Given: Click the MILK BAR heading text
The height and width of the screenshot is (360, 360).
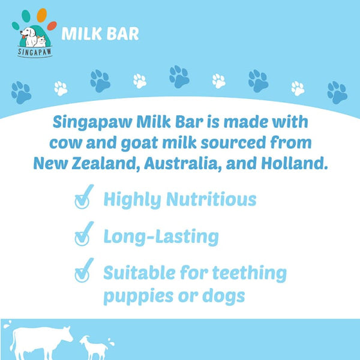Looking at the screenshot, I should coord(100,33).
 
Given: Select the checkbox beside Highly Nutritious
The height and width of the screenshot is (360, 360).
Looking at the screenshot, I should coord(82,199).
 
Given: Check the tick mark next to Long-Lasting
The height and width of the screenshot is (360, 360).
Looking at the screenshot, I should coord(82,236).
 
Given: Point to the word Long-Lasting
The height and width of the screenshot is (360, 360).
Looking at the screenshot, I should coord(161,236).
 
